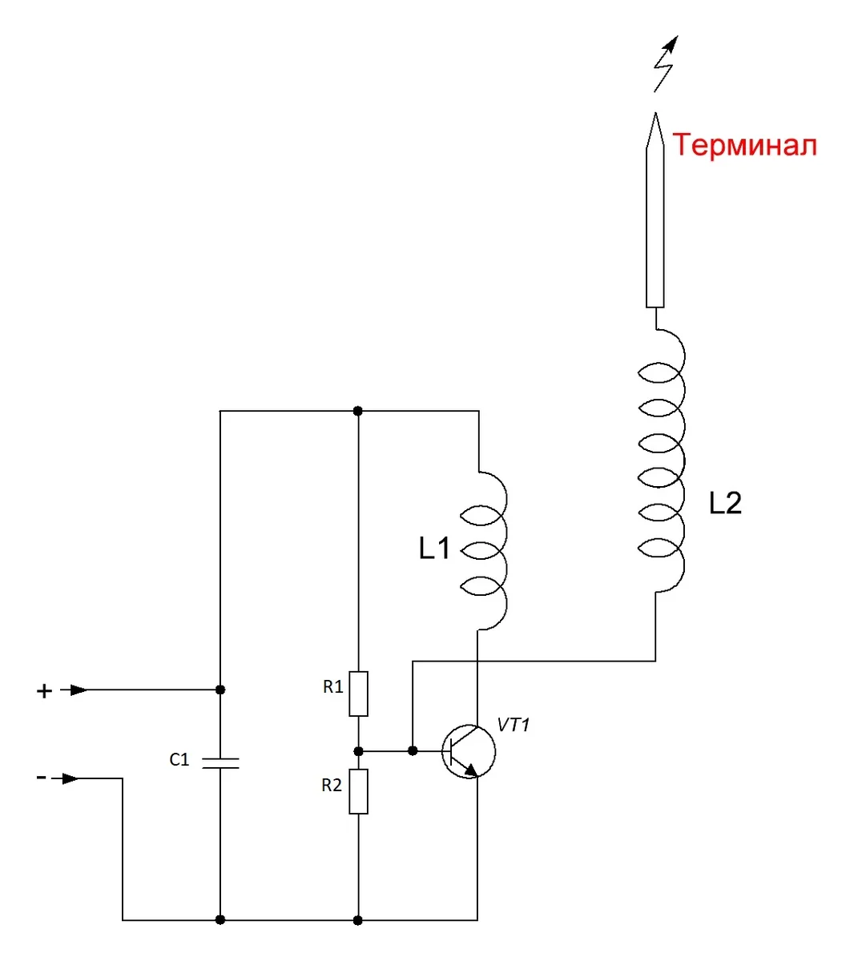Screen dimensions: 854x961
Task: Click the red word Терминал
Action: click(x=744, y=145)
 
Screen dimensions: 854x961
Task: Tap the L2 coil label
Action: click(x=725, y=503)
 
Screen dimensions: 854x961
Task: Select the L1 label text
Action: click(x=434, y=549)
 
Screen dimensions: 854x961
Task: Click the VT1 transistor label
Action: click(x=513, y=725)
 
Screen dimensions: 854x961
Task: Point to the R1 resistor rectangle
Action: click(x=358, y=694)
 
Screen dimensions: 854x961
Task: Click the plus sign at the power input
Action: click(x=44, y=691)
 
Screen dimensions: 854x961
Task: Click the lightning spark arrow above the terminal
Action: click(x=666, y=63)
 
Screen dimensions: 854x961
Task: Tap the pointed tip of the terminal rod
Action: click(x=655, y=113)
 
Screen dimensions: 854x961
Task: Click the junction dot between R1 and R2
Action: click(x=358, y=751)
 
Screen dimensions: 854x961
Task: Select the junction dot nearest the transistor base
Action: click(x=413, y=751)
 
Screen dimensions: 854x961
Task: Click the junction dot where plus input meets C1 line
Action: click(x=220, y=690)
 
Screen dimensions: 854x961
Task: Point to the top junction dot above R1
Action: click(x=358, y=411)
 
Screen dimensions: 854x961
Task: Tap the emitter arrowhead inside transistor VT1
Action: click(x=471, y=770)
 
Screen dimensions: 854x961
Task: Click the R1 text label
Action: click(x=332, y=686)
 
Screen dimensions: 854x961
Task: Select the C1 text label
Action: click(x=179, y=759)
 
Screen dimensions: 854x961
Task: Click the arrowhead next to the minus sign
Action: click(x=70, y=778)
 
